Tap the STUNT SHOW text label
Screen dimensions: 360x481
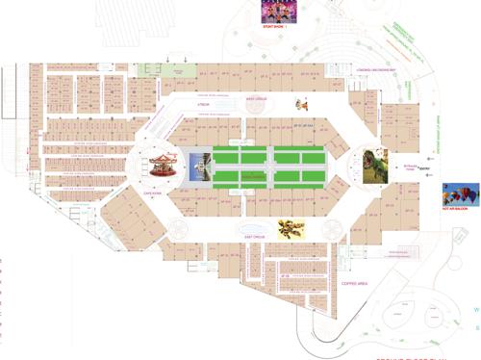tap(274, 29)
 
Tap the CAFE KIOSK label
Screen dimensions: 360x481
tap(156, 193)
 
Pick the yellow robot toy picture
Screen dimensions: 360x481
tap(291, 228)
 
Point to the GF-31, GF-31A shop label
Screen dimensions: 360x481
tap(304, 125)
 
